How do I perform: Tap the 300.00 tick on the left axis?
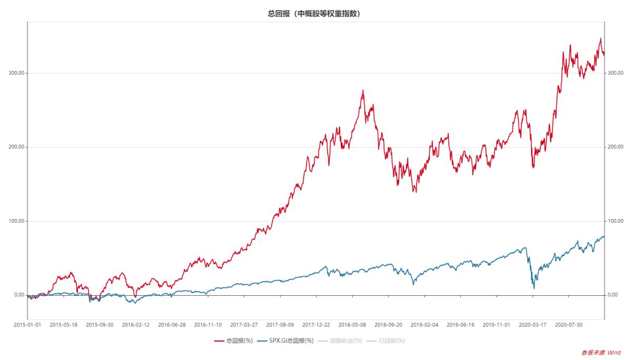pos(18,73)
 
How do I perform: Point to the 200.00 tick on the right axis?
pos(616,147)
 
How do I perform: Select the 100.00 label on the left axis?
pos(18,221)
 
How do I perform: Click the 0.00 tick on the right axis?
pos(613,295)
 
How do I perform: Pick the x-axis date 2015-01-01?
pos(27,325)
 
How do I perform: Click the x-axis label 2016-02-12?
pos(136,325)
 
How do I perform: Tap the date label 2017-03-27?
pos(244,325)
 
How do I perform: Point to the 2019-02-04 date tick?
pos(424,325)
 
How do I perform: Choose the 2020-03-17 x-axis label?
pos(533,325)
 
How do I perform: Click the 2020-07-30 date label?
pos(569,325)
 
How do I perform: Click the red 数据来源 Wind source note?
pos(601,353)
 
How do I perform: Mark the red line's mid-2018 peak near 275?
pos(363,91)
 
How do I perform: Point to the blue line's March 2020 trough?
pos(534,288)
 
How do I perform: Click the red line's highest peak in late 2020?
pos(600,38)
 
